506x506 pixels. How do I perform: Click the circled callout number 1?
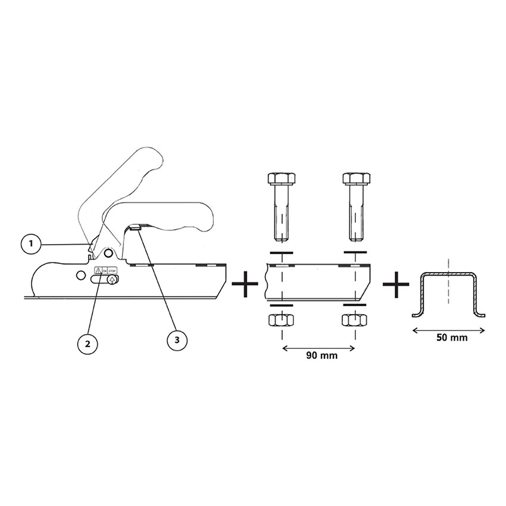[31, 243]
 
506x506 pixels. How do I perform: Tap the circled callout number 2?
[88, 343]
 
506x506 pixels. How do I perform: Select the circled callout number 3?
[177, 340]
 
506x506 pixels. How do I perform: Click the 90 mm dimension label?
[321, 355]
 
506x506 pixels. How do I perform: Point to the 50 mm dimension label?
[452, 338]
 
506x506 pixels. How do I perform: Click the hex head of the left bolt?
[282, 179]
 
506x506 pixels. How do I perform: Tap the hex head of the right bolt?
[356, 179]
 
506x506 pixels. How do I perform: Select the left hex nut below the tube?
[281, 320]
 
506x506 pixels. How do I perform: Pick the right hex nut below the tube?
[355, 320]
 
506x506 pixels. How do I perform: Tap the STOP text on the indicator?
[111, 270]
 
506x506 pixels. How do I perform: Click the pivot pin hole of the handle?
[109, 252]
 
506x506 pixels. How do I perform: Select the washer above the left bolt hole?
[282, 252]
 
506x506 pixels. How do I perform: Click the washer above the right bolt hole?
[355, 252]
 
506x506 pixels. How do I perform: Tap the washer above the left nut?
[282, 305]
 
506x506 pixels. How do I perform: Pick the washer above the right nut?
[355, 304]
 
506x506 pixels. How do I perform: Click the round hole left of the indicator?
[81, 275]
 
